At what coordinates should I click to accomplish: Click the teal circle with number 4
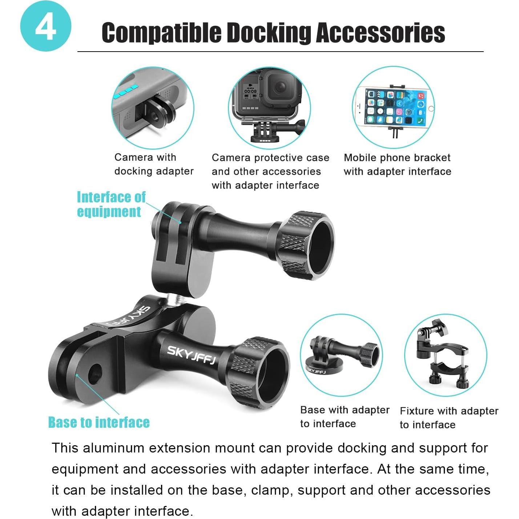click(45, 26)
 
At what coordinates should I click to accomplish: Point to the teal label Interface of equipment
click(111, 204)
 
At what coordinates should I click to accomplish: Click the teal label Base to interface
click(99, 422)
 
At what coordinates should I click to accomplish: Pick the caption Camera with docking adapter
click(153, 164)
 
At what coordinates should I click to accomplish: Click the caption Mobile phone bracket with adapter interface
click(397, 165)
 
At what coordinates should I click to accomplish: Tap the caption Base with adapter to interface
click(344, 417)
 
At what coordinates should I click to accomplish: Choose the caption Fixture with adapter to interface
click(448, 418)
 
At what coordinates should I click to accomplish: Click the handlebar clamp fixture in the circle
click(445, 356)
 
